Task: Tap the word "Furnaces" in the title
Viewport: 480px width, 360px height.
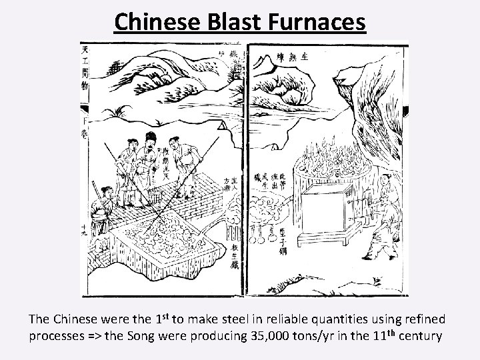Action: point(321,21)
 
